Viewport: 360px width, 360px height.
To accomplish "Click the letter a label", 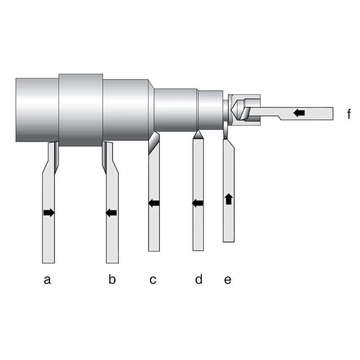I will (x=47, y=279).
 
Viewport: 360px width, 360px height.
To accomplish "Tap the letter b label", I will (x=112, y=279).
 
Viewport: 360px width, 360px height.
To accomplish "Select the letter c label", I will (x=153, y=279).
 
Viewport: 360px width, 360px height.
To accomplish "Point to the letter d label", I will (x=199, y=279).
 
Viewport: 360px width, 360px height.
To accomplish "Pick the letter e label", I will (x=228, y=279).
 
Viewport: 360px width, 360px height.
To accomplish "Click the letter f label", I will (x=348, y=114).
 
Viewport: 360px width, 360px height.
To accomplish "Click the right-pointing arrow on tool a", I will (x=49, y=213).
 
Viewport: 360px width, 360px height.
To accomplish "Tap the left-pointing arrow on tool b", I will (x=112, y=213).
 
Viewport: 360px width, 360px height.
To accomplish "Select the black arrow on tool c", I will (x=154, y=203).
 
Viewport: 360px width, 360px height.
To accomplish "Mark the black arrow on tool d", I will (x=198, y=203).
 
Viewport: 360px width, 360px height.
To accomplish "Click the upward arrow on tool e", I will (x=229, y=199).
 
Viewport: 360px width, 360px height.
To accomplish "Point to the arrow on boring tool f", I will (x=299, y=113).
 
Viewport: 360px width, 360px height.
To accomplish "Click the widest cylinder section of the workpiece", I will (x=81, y=110).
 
